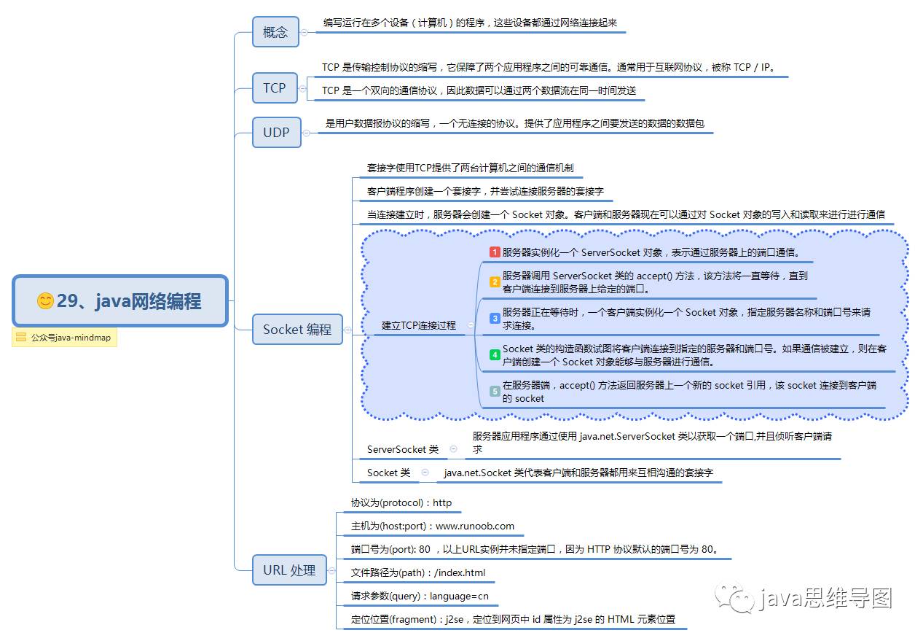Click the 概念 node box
coord(275,32)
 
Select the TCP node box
coord(275,88)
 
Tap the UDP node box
coord(276,133)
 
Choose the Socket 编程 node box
coord(297,330)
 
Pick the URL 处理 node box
coord(289,570)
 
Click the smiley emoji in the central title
coord(45,301)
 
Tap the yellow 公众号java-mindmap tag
coord(64,338)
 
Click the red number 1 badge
coord(495,252)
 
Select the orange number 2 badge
coord(495,282)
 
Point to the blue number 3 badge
coord(495,318)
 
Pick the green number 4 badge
coord(495,355)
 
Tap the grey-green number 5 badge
coord(495,392)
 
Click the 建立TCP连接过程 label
coord(419,325)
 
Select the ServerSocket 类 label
coord(403,450)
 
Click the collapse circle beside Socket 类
coord(425,472)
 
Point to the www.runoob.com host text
coord(475,526)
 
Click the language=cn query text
coord(459,596)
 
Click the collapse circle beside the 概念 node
coord(305,32)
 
